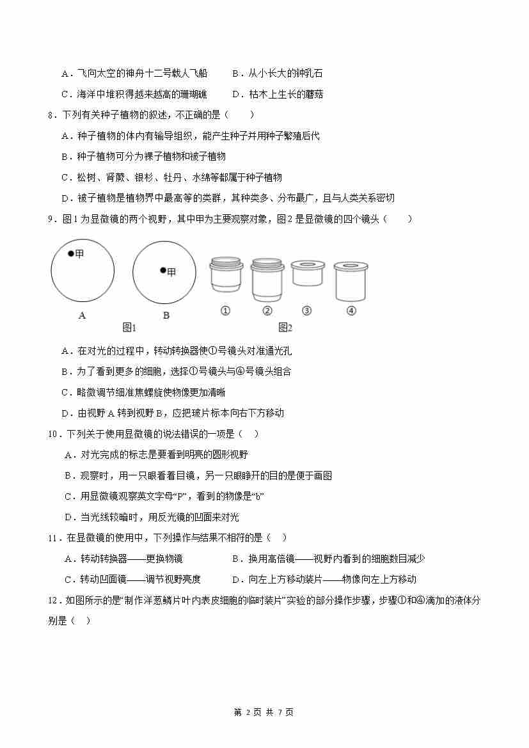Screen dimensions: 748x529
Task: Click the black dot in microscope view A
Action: click(x=71, y=254)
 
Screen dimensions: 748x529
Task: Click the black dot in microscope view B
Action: click(x=163, y=271)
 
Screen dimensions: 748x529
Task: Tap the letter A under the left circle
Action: click(x=82, y=315)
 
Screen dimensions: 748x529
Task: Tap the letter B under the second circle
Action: click(x=166, y=315)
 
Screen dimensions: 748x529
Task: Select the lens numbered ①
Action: click(x=226, y=276)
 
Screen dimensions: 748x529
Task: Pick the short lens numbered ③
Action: click(x=307, y=273)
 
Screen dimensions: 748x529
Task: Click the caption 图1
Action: click(x=129, y=328)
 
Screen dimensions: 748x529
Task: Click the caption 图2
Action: click(x=285, y=328)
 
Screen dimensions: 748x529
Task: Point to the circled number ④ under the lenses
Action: click(x=351, y=311)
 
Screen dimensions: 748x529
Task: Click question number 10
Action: click(x=54, y=434)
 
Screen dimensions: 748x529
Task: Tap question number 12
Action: click(x=54, y=600)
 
